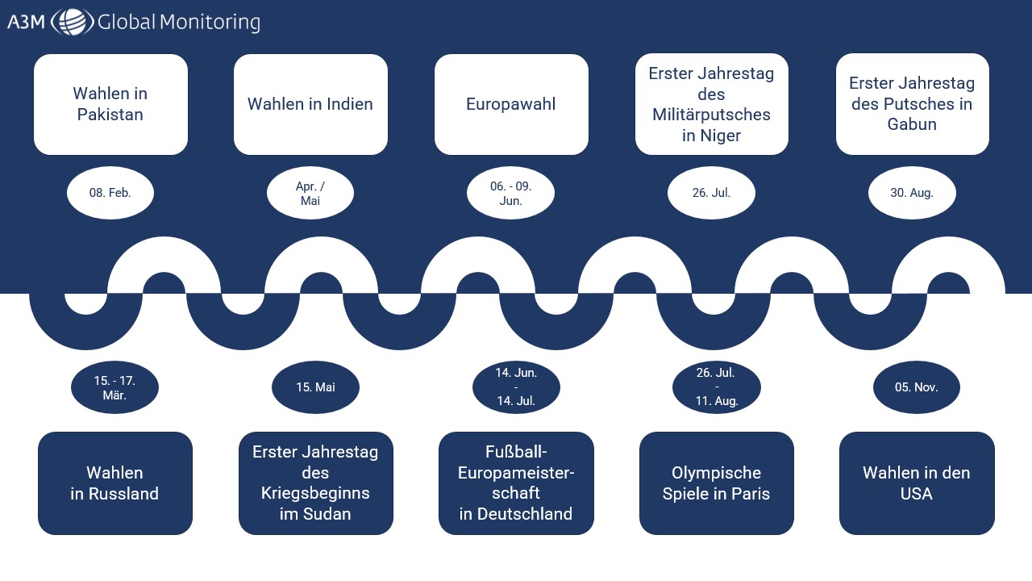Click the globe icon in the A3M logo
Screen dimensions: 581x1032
(x=72, y=22)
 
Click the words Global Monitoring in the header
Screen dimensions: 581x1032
(x=178, y=22)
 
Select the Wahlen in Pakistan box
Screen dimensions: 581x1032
(x=110, y=104)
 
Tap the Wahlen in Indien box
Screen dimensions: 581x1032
(x=310, y=104)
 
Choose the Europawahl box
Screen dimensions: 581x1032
(x=511, y=104)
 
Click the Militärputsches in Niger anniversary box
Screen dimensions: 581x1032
(x=711, y=104)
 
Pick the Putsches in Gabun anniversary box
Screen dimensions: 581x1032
(x=912, y=104)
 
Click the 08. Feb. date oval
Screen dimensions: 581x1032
(x=110, y=193)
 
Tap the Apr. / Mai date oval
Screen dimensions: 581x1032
(x=310, y=194)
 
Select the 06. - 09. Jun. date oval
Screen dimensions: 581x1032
(x=510, y=194)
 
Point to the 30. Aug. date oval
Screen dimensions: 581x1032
(x=912, y=193)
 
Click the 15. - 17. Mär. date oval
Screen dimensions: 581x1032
(x=114, y=387)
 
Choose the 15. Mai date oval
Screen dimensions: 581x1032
(x=315, y=387)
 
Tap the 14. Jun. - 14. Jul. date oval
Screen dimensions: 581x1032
(x=516, y=387)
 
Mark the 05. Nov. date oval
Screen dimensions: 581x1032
(x=917, y=387)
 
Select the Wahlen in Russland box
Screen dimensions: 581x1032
(x=114, y=483)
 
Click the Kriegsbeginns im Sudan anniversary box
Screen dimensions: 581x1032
(x=315, y=483)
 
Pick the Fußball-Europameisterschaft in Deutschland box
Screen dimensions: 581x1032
(x=516, y=483)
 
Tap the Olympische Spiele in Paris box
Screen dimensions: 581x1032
(x=716, y=483)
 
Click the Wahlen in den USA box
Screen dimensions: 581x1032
(x=917, y=483)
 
